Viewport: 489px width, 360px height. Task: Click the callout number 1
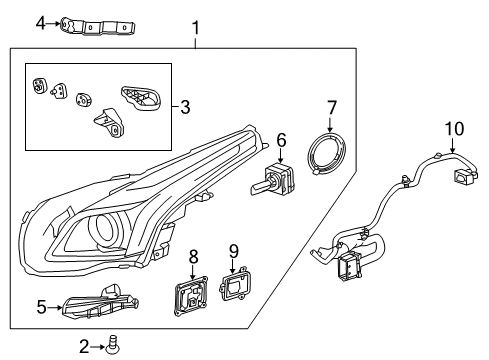click(x=196, y=29)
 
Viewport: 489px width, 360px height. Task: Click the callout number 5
click(x=41, y=308)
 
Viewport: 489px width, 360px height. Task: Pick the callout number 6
click(x=281, y=141)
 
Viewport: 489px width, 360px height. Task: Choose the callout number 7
click(x=333, y=107)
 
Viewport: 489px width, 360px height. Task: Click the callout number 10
click(x=455, y=129)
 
